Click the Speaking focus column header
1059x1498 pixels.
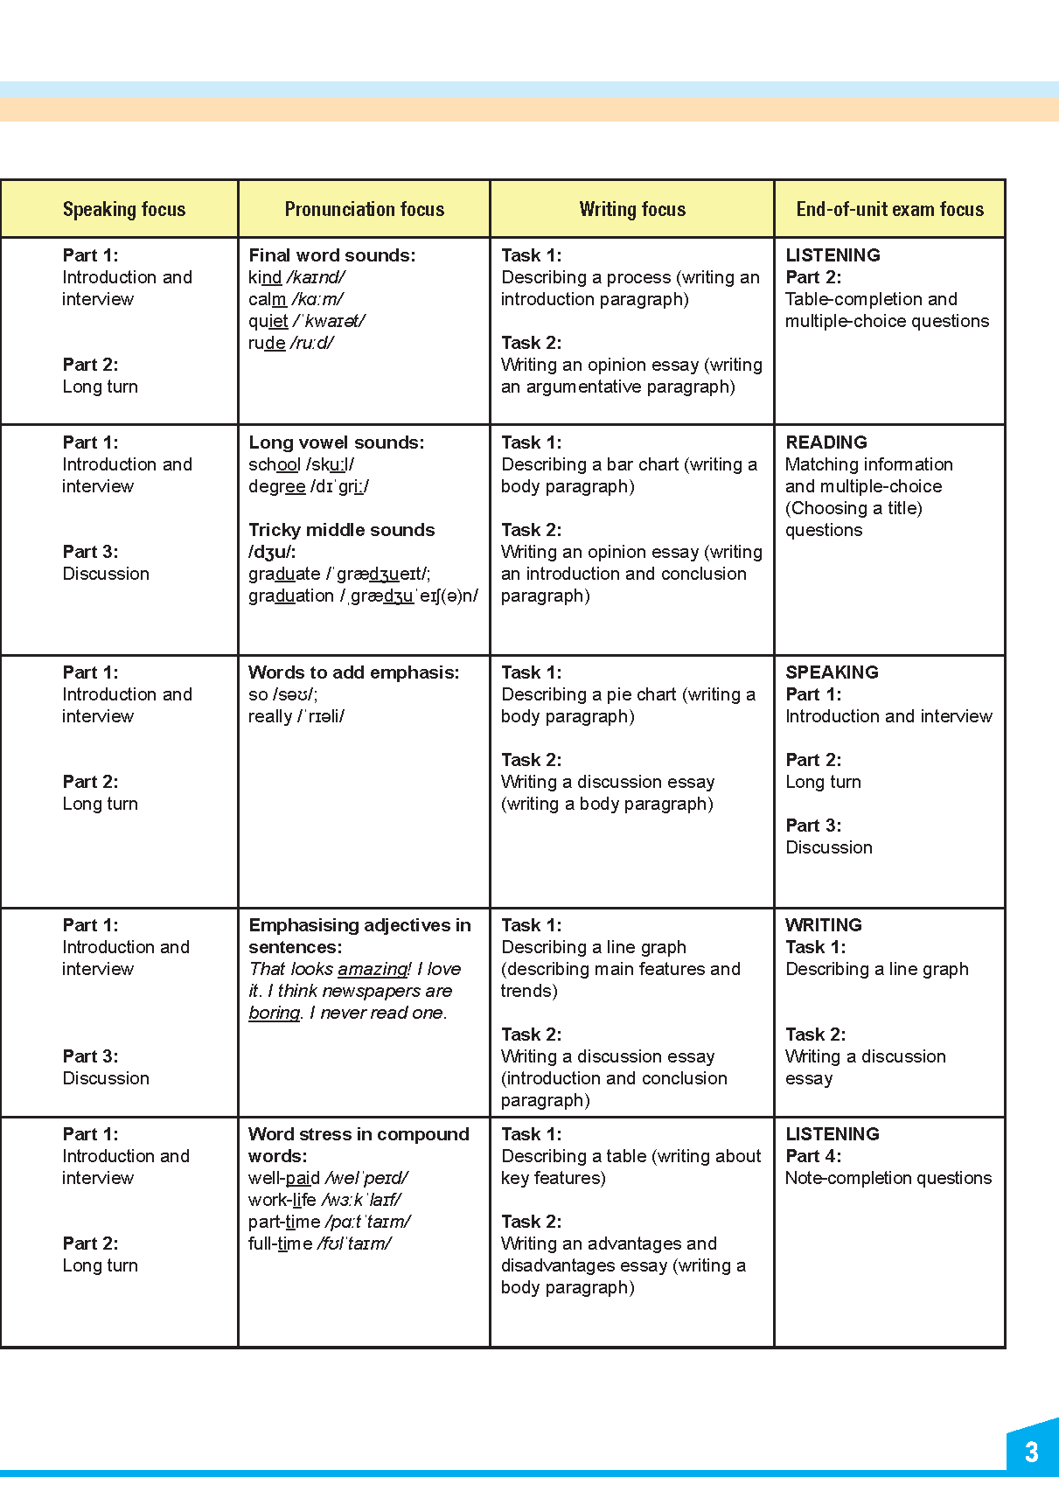[124, 209]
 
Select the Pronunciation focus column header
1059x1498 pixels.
[365, 209]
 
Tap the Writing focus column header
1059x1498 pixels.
[632, 209]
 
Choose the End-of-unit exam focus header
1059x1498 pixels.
[889, 209]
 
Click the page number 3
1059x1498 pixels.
[1031, 1453]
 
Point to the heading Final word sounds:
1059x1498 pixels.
[332, 255]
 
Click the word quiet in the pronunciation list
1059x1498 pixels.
[268, 321]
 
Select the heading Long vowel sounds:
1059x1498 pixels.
[337, 442]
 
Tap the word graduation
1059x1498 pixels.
[291, 596]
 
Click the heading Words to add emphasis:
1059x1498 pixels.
[354, 672]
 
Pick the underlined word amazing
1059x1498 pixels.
[373, 969]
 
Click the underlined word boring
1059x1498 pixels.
[275, 1013]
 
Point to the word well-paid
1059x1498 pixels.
[284, 1178]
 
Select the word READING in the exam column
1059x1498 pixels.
[826, 442]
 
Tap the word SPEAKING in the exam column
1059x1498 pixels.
[832, 672]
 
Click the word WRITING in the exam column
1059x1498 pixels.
[824, 925]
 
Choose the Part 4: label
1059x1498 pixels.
[813, 1156]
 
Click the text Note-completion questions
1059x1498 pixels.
[888, 1178]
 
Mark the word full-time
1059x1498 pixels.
[280, 1244]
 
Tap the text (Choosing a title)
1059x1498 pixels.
[853, 508]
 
